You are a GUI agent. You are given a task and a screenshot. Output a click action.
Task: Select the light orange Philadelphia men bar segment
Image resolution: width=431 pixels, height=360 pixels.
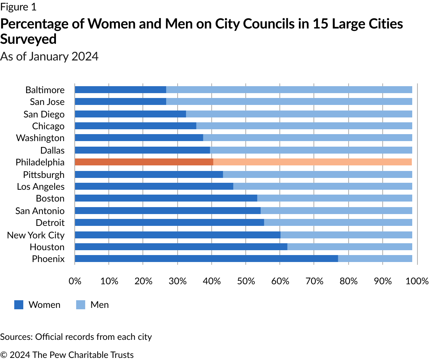click(312, 162)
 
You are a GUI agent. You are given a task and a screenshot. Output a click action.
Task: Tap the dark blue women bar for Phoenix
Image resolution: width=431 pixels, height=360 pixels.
click(206, 259)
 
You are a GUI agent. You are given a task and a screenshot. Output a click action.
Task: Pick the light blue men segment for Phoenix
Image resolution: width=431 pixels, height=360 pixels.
click(375, 259)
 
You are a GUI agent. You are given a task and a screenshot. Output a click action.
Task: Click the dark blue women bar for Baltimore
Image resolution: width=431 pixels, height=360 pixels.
click(120, 90)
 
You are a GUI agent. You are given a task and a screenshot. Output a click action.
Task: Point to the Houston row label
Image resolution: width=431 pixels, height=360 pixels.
click(47, 247)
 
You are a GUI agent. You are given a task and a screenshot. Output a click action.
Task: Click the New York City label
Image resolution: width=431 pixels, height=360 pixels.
click(36, 235)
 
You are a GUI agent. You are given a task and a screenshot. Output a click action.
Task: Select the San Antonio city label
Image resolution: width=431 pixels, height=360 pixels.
click(40, 211)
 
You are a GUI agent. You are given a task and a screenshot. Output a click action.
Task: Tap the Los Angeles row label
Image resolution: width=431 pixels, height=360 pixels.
click(41, 187)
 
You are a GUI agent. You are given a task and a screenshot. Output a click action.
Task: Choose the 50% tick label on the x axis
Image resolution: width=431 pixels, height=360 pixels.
click(246, 281)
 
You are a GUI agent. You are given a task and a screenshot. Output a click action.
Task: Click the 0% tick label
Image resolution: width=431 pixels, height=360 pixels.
click(75, 281)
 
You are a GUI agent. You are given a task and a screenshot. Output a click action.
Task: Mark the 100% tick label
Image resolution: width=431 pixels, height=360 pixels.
click(417, 281)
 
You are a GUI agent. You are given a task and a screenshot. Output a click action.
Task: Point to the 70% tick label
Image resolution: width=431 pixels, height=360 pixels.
click(314, 281)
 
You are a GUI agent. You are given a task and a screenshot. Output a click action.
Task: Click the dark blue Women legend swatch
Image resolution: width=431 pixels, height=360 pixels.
click(19, 305)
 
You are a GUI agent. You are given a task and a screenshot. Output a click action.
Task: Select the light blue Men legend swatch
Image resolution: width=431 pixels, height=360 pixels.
click(81, 305)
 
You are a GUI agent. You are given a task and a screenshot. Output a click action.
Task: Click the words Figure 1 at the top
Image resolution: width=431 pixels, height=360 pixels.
click(18, 7)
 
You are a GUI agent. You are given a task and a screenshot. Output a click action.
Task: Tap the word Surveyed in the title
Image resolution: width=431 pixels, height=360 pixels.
click(29, 39)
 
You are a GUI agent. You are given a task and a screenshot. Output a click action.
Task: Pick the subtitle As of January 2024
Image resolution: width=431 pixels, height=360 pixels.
click(49, 56)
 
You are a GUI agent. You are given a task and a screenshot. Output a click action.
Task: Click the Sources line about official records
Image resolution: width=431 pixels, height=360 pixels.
click(76, 337)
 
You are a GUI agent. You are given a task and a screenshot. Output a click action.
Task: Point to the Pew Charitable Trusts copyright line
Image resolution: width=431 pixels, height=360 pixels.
click(67, 355)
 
